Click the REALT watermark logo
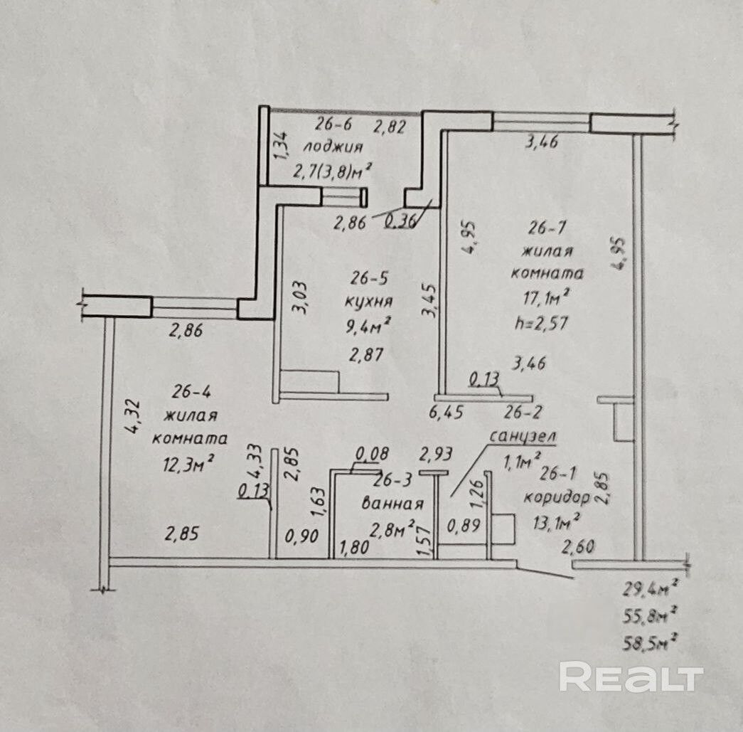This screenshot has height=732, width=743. [631, 677]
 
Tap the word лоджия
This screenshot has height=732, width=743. [333, 147]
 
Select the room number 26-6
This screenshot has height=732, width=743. [333, 125]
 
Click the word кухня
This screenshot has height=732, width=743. [368, 301]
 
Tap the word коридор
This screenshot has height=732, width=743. [557, 497]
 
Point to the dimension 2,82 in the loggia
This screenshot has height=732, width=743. [390, 128]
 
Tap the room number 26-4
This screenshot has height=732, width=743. [191, 391]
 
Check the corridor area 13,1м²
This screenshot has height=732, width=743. [557, 523]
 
